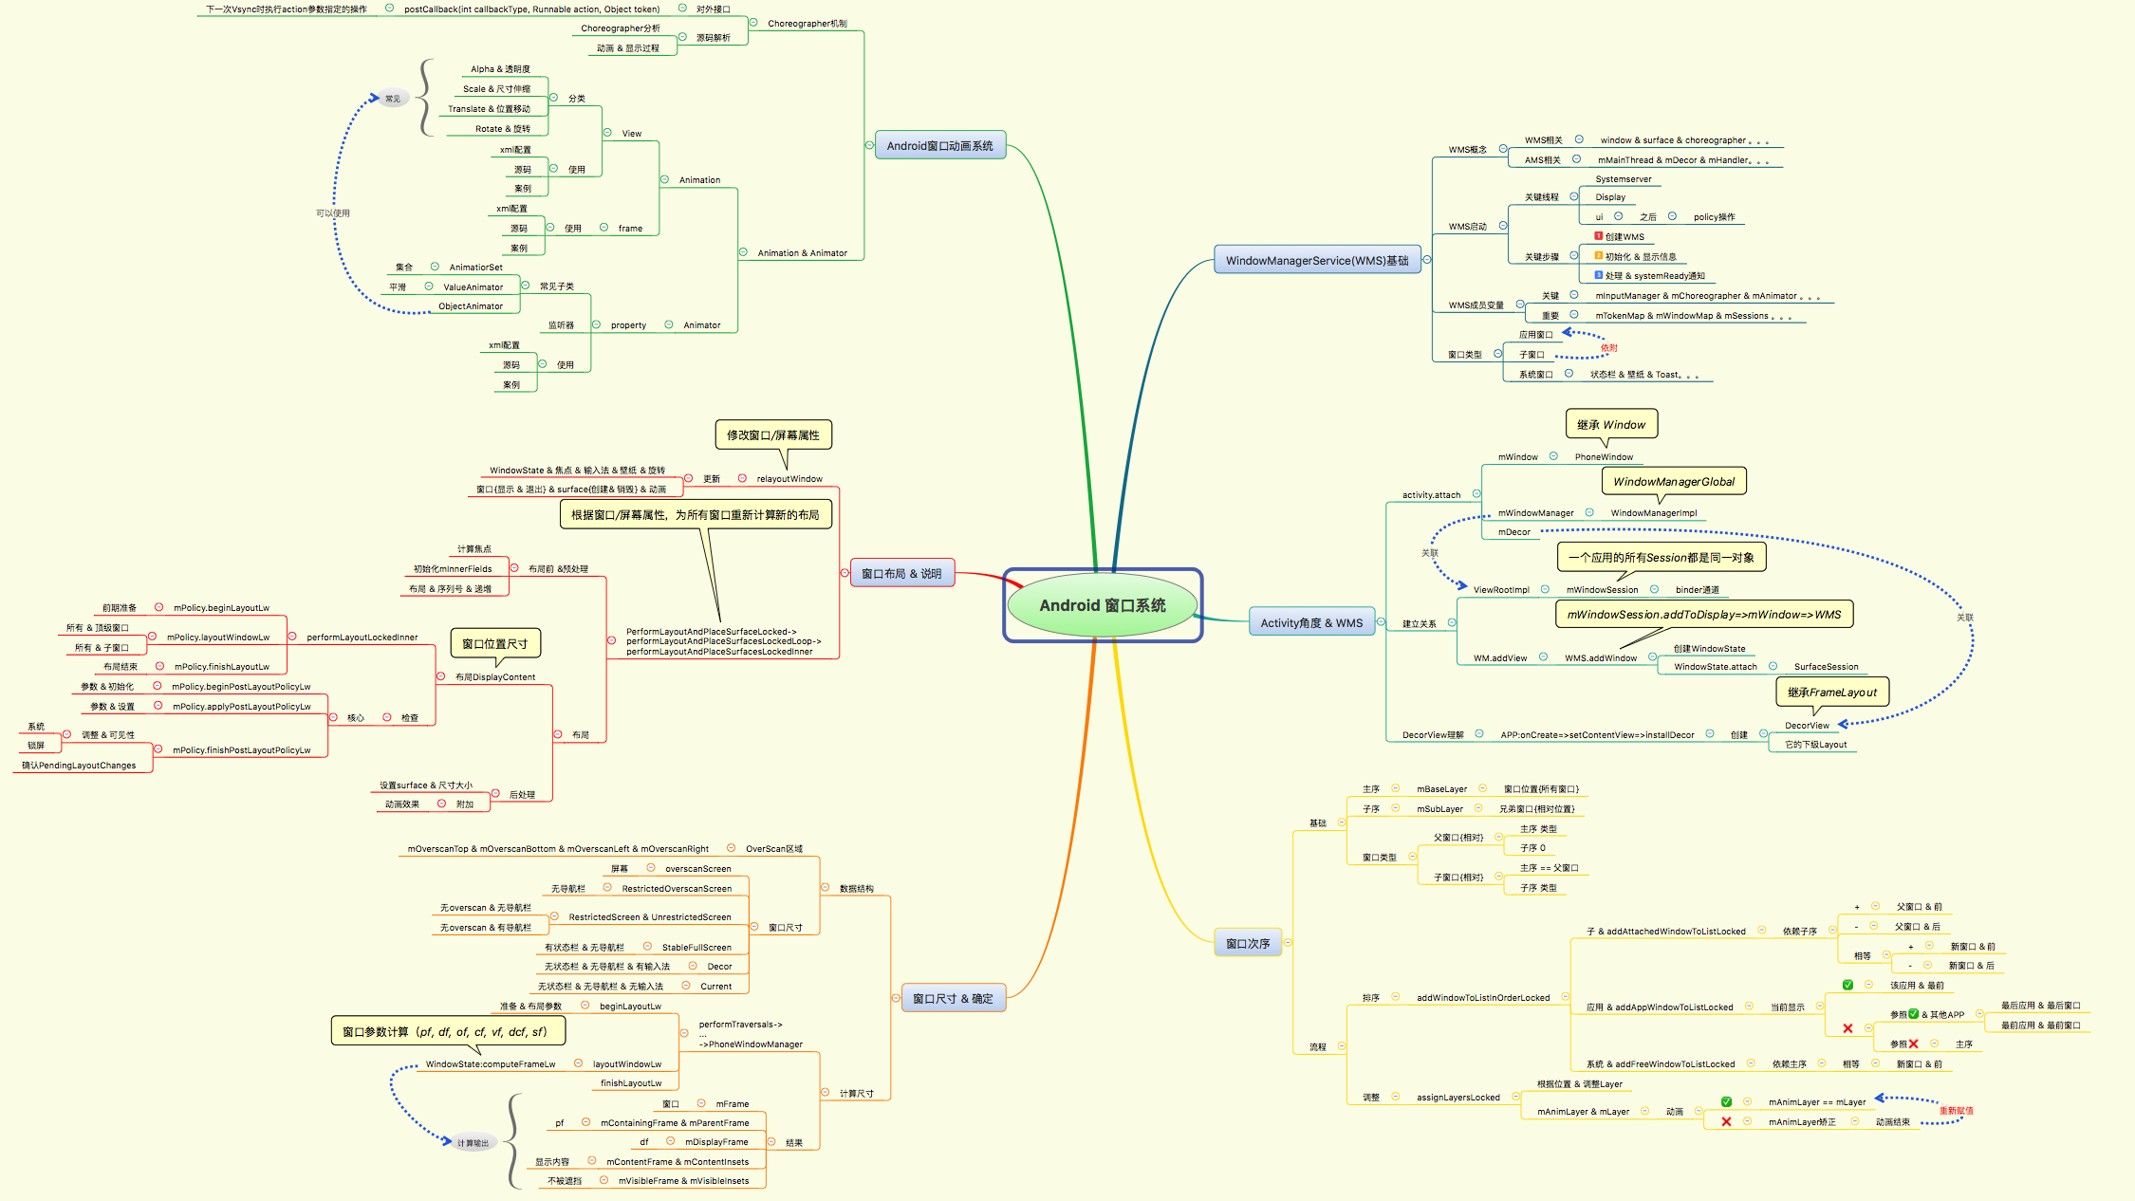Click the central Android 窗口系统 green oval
coord(1102,605)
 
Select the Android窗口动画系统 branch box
coord(939,146)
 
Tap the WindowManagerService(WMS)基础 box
coord(1316,260)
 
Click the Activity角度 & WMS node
coord(1310,623)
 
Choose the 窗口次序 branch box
coord(1247,943)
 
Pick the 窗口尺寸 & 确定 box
coord(952,998)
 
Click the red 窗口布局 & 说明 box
coord(900,573)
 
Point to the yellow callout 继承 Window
coord(1610,424)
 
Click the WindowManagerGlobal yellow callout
coord(1673,482)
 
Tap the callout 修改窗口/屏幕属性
coord(772,434)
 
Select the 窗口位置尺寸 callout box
coord(494,643)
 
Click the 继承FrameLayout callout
coord(1831,692)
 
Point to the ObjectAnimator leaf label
coord(470,306)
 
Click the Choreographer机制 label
coord(807,24)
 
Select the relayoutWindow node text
coord(789,479)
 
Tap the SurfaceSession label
coord(1826,667)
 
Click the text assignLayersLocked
coord(1457,1098)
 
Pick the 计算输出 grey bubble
coord(472,1143)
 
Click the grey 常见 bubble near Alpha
coord(393,99)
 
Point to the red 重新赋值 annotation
coord(1955,1111)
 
